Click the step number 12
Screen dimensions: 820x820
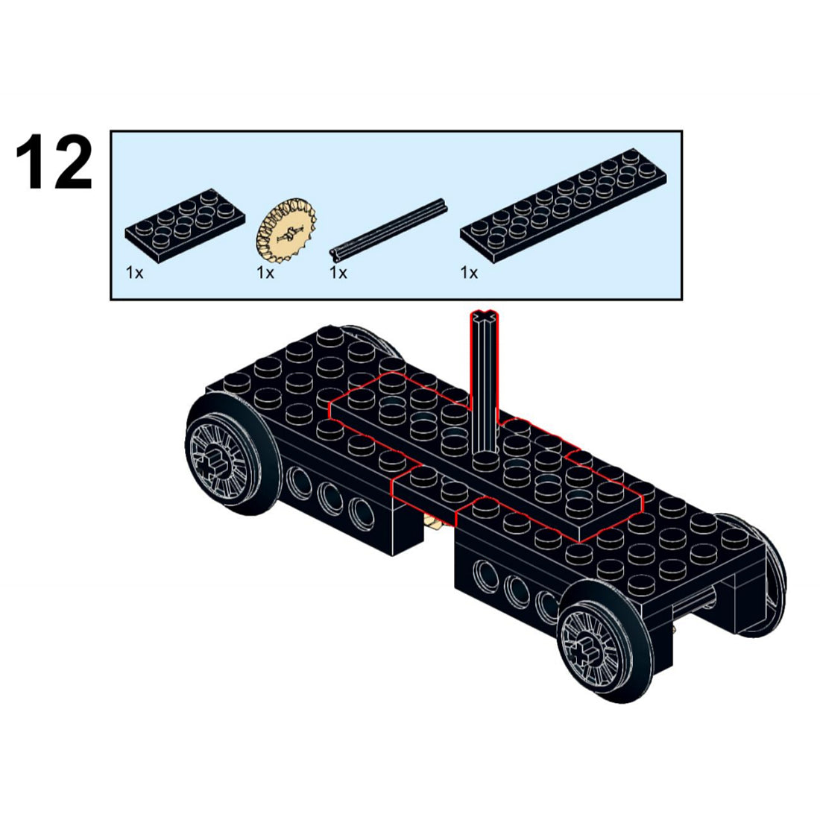[x=54, y=162]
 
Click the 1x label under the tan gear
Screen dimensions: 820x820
[x=265, y=273]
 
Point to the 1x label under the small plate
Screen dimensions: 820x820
[x=134, y=273]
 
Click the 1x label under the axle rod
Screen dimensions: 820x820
[x=338, y=273]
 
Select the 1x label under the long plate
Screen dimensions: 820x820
[x=469, y=273]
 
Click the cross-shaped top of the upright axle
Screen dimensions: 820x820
[x=485, y=316]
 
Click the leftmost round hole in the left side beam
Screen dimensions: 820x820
[x=297, y=480]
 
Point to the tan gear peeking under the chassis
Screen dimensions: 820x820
[x=434, y=522]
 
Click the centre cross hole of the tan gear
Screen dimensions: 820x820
[x=288, y=233]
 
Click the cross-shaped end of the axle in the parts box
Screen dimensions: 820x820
[x=335, y=256]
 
